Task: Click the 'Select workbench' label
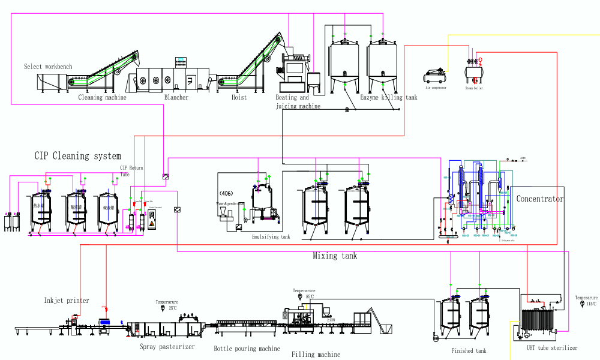[x=48, y=67]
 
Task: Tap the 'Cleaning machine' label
[x=103, y=97]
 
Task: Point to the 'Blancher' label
[x=176, y=97]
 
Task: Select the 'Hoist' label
[x=239, y=97]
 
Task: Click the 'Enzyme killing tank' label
[x=388, y=97]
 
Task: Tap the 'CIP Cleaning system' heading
[x=77, y=156]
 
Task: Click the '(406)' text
[x=226, y=193]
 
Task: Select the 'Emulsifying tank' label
[x=271, y=237]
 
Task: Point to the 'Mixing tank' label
[x=335, y=256]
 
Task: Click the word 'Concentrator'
[x=540, y=199]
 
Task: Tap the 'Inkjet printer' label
[x=67, y=301]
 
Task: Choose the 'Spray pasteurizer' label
[x=167, y=347]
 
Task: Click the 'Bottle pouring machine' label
[x=247, y=349]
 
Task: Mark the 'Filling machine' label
[x=316, y=355]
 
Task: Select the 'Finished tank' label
[x=469, y=351]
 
